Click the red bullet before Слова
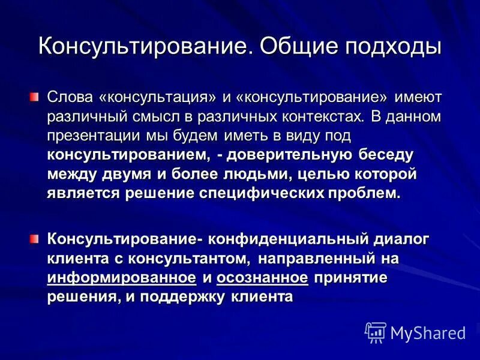click(x=34, y=96)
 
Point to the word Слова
click(x=70, y=97)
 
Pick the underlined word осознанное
click(x=262, y=278)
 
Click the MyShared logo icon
click(x=376, y=332)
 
